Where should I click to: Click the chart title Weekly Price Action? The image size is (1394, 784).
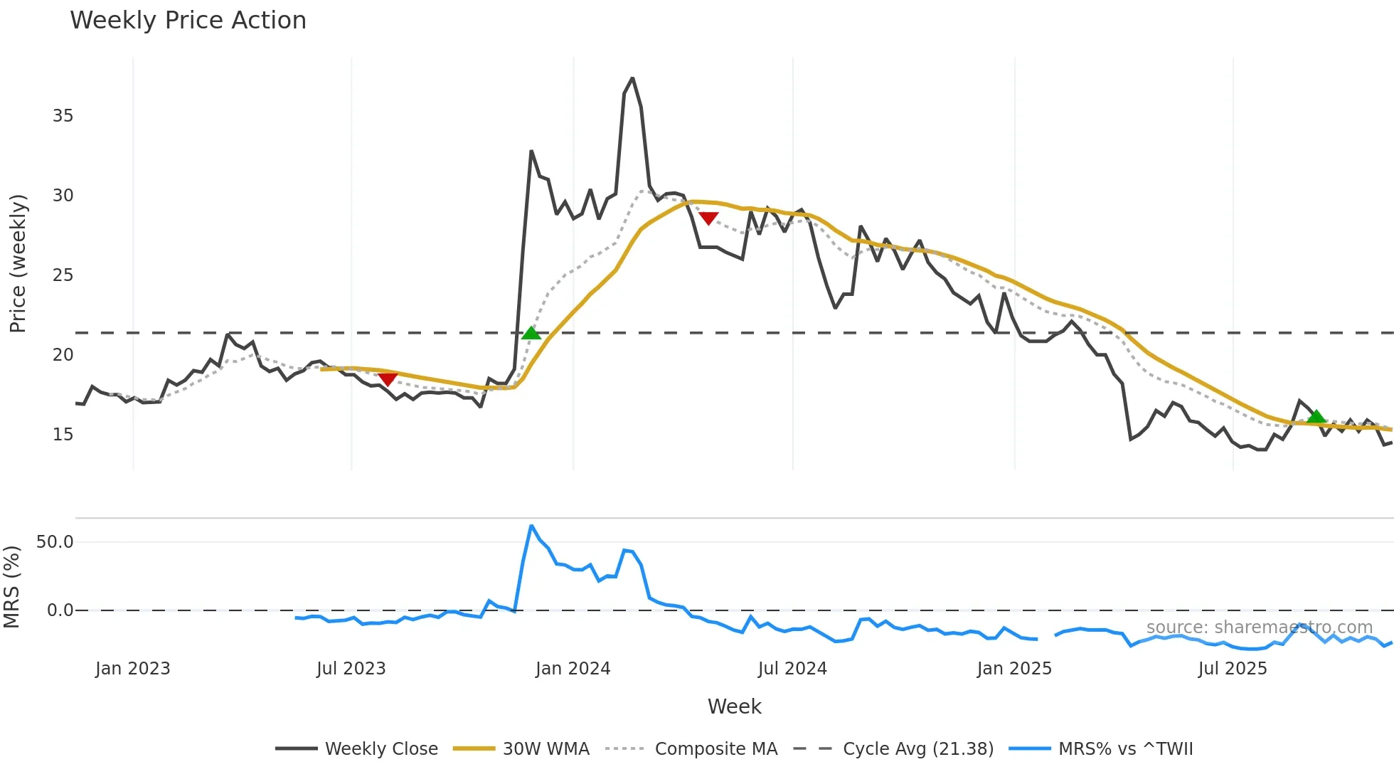pos(188,21)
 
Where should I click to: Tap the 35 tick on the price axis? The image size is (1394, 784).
pos(63,116)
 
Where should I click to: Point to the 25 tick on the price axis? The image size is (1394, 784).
pos(63,275)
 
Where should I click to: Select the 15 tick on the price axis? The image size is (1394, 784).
pos(63,435)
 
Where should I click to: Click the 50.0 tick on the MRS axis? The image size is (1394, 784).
pos(55,542)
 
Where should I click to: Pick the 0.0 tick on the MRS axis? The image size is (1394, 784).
pos(60,610)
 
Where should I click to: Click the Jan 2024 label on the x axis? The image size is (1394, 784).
pos(573,669)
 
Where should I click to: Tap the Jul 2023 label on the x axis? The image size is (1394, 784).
pos(351,669)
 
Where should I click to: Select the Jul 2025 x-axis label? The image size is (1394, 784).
pos(1233,669)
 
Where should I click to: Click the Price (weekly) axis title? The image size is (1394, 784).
pos(18,263)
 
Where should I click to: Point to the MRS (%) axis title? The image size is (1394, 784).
pos(12,587)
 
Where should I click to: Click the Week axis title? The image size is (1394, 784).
pos(734,706)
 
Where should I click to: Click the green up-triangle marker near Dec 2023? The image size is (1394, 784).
pos(531,333)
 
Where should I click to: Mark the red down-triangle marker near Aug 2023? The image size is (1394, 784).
pos(388,378)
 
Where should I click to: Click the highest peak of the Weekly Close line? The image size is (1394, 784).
pos(632,78)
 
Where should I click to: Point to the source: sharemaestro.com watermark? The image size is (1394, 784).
pos(1259,627)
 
